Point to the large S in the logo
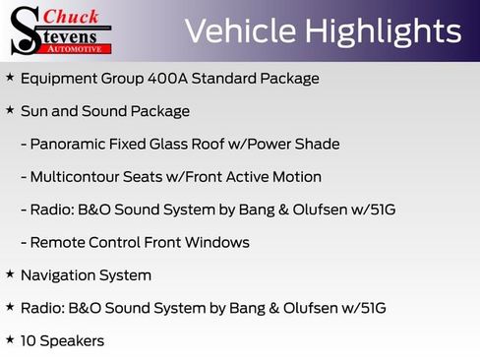25,30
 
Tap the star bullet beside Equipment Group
10,77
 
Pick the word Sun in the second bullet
34,111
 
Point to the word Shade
317,144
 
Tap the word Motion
297,177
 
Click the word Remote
58,242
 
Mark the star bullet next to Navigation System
10,274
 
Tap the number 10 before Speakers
29,341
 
